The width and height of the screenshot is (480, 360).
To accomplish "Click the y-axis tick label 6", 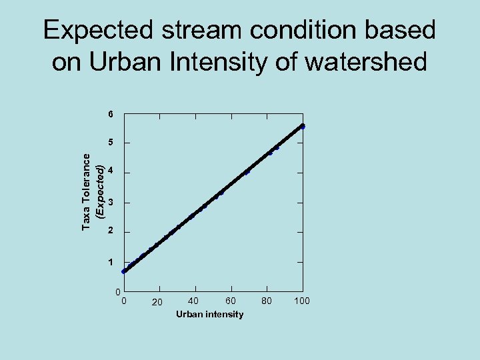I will coord(111,114).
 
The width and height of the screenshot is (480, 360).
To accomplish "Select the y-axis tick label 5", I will coord(111,143).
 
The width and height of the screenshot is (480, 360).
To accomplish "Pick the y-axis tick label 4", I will coord(111,172).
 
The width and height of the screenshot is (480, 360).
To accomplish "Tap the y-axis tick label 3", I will coord(111,202).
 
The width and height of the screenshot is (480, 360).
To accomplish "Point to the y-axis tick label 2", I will coord(111,231).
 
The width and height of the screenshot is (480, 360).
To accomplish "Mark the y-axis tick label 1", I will coord(111,262).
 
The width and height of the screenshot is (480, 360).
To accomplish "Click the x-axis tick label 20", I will coord(157,303).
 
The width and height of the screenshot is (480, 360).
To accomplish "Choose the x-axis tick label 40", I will coord(193,301).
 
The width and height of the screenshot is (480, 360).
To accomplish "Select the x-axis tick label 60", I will coord(230,301).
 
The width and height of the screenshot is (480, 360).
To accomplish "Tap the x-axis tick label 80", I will coord(267,301).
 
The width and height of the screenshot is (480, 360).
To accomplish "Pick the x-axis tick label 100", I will coord(302,301).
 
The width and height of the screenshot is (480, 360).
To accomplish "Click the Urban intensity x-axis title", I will coord(210,314).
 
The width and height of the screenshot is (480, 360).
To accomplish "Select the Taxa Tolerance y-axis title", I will coord(87,191).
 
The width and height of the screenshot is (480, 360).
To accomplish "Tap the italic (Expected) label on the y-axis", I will coord(99,191).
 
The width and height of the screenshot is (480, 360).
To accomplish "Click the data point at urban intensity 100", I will coord(302,126).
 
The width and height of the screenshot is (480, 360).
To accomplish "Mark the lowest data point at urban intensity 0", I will coord(124,271).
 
